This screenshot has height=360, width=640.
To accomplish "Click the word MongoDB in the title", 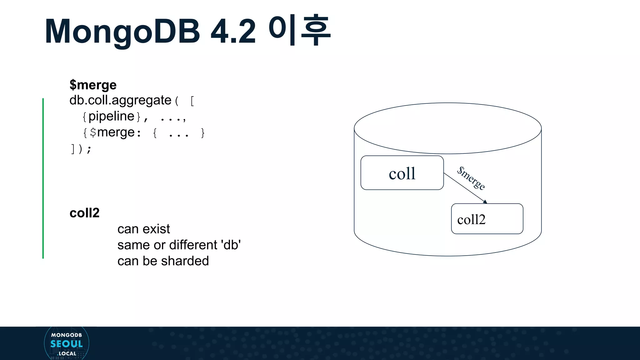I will click(x=122, y=31).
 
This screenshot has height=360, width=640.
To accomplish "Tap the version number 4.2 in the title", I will click(x=233, y=31).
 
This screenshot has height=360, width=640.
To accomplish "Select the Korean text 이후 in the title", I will click(x=299, y=30).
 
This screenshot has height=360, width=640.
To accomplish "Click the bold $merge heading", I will click(x=93, y=85).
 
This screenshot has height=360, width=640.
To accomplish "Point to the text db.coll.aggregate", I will click(x=120, y=100).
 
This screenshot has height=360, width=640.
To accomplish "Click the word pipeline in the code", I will click(x=111, y=116).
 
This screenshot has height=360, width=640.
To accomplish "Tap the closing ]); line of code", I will click(x=81, y=149).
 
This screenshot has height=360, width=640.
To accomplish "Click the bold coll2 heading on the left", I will click(x=84, y=213).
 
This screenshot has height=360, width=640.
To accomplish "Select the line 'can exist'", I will click(x=143, y=229).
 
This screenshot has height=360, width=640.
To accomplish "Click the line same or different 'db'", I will click(x=179, y=245).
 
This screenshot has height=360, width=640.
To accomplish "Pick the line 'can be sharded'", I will click(x=163, y=261).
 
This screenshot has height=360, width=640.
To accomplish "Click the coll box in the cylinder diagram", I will click(x=402, y=173).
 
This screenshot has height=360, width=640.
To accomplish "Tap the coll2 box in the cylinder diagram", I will click(x=487, y=219).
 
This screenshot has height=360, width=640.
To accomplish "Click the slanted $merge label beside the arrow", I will click(x=471, y=178).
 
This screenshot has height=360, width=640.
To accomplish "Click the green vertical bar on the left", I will click(x=43, y=178).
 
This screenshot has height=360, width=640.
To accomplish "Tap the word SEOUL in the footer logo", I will click(x=67, y=344).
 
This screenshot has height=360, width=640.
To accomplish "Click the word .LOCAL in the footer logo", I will click(x=67, y=354).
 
